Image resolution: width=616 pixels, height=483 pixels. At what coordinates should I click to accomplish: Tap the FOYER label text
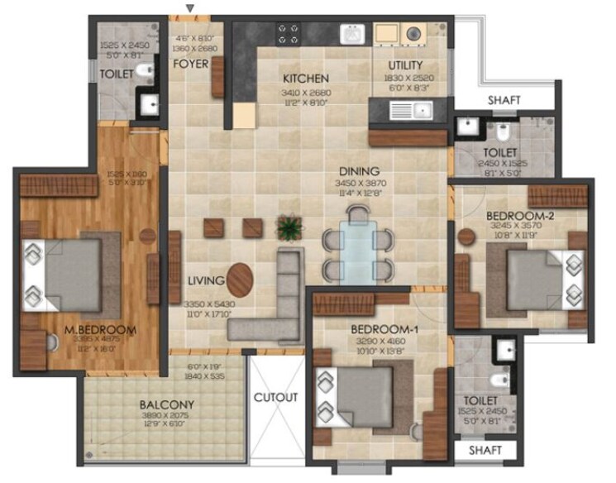191,64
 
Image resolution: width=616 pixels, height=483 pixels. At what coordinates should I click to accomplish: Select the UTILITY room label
405,65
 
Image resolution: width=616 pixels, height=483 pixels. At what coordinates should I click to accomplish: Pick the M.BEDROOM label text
100,330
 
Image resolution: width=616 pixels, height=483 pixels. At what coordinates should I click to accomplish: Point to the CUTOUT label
275,398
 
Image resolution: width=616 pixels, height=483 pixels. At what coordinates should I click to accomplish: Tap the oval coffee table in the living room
241,280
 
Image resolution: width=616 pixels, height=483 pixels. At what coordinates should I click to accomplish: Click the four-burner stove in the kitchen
290,33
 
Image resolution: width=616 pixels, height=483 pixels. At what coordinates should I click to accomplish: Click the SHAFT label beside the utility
504,100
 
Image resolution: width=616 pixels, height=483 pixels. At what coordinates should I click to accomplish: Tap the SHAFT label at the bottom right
486,451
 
